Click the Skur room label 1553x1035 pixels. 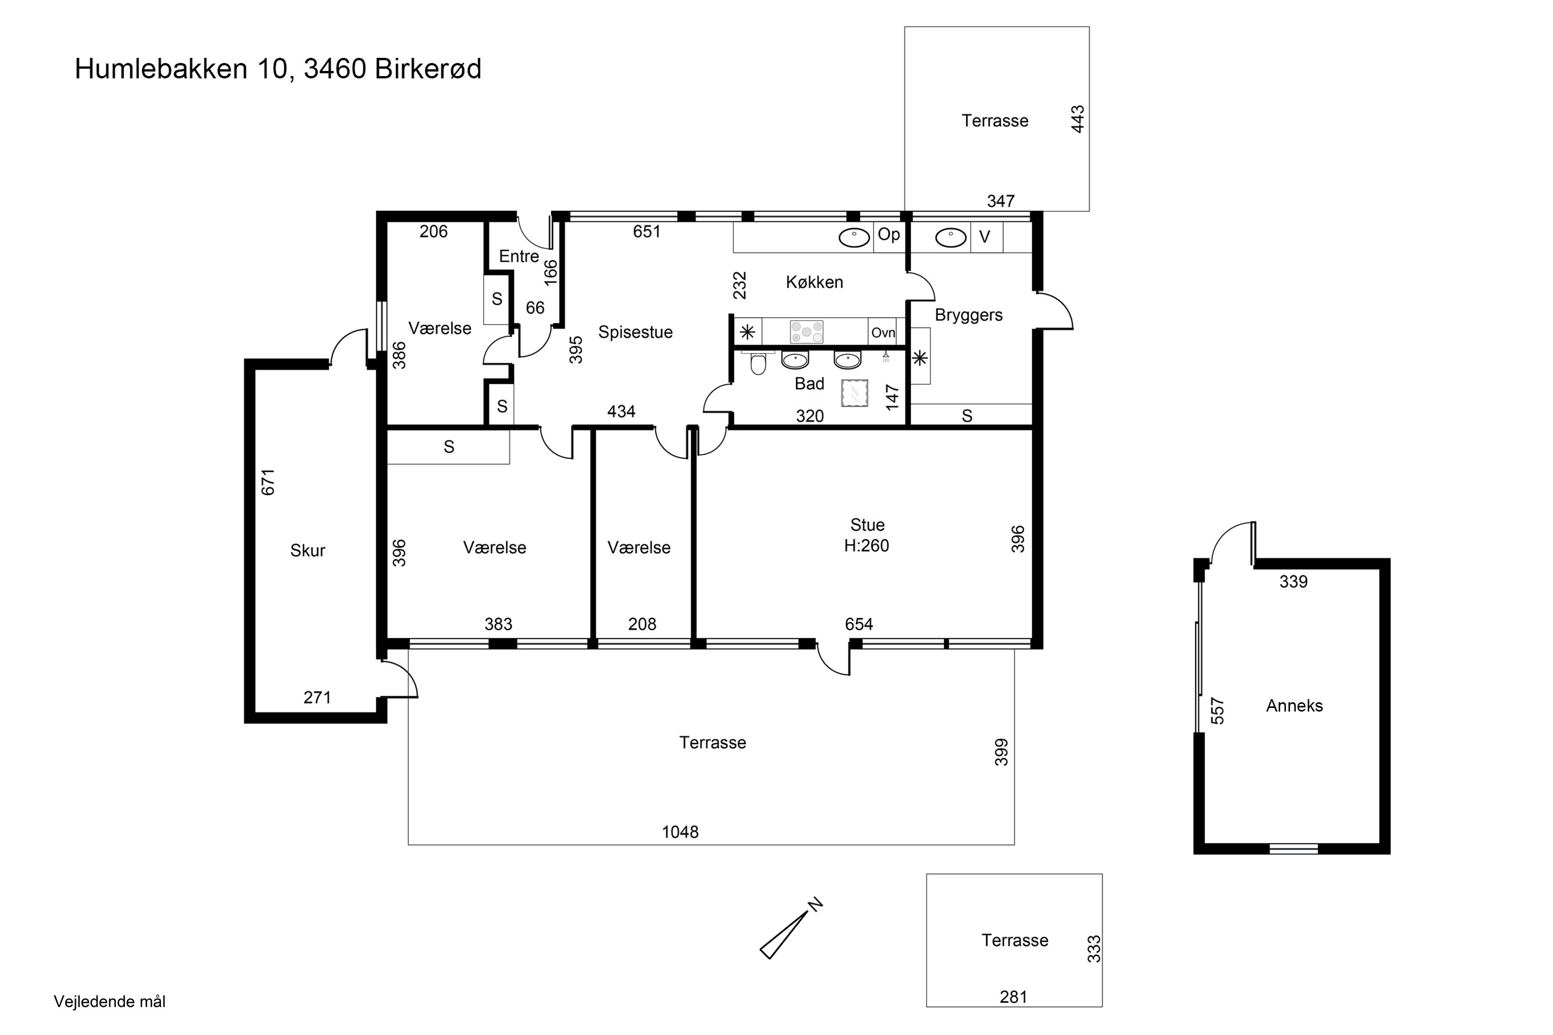click(x=307, y=551)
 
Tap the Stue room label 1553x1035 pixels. click(x=867, y=525)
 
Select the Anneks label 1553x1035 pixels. click(x=1294, y=706)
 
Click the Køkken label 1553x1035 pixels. click(x=814, y=283)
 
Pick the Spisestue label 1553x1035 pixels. click(x=635, y=332)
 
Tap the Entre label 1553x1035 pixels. click(x=519, y=256)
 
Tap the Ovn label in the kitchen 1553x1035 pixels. click(x=883, y=333)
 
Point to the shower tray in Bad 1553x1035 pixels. click(x=855, y=393)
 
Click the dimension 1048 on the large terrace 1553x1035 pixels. click(x=680, y=832)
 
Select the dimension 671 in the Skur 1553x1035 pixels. click(x=268, y=482)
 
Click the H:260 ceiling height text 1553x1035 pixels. click(x=866, y=546)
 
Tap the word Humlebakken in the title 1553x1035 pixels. click(x=161, y=69)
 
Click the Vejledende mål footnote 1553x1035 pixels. click(x=110, y=1001)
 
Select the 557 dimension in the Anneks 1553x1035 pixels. click(x=1218, y=711)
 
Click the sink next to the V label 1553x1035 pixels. click(x=951, y=238)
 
